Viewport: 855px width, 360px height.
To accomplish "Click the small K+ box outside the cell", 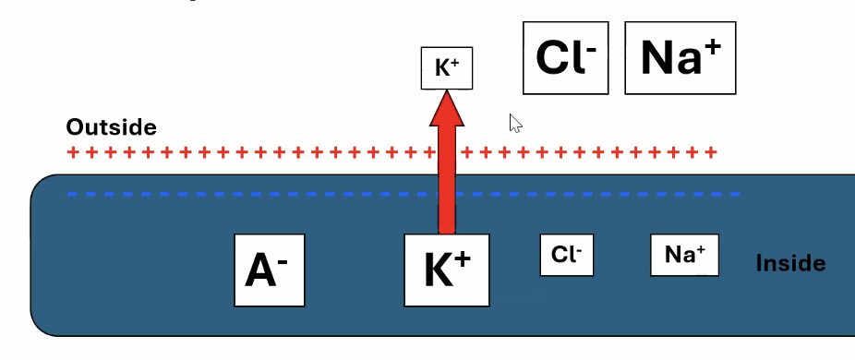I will coord(447,68).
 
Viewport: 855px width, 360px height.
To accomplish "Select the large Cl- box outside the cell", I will coord(566,58).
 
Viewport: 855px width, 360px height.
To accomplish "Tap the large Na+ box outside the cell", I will coord(680,58).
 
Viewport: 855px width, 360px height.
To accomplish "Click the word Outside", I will coord(111,127).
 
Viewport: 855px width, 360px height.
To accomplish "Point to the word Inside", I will coord(790,263).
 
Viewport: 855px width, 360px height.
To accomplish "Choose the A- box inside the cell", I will coord(268,270).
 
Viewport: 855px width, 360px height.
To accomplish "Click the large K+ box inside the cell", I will coord(447,270).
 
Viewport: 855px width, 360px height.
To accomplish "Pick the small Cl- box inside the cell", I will coord(566,255).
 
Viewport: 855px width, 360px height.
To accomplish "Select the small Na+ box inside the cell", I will coord(684,255).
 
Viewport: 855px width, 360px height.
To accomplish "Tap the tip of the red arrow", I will coord(447,93).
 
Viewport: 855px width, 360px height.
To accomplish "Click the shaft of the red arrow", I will coord(447,185).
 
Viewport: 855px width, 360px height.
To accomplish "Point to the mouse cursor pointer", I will coord(515,123).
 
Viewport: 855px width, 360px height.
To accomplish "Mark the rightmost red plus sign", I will coord(710,152).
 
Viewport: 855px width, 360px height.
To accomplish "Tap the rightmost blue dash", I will coord(735,194).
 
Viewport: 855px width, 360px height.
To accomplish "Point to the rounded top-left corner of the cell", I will coord(41,184).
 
